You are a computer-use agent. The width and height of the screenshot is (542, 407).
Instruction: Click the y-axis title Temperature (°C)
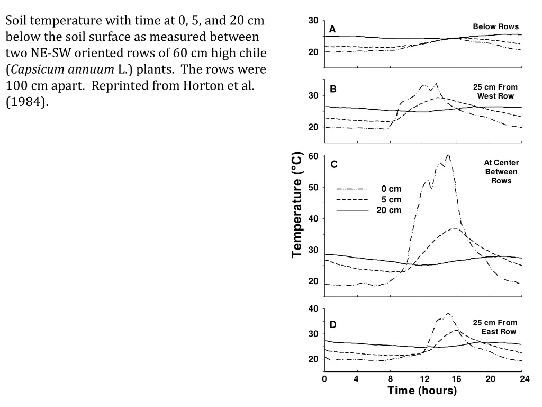point(297,205)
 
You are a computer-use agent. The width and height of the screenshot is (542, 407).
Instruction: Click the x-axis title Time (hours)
point(422,391)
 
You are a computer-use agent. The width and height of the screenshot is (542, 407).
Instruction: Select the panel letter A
point(332,30)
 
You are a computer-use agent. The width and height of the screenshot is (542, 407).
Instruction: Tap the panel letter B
point(333,89)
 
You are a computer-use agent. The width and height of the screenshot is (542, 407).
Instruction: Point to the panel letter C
point(334,165)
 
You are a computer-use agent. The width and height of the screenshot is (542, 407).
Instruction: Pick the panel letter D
point(333,324)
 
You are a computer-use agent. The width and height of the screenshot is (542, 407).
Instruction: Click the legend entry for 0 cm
point(391,189)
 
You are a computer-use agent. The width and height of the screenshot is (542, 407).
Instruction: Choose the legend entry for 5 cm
point(391,200)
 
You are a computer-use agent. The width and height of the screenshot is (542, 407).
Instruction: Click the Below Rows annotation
point(495,26)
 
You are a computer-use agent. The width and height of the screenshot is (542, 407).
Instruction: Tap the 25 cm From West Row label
point(495,91)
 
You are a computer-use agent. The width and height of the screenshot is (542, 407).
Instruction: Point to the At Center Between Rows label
point(501,172)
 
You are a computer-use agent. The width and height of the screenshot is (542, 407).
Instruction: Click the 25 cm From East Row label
point(495,327)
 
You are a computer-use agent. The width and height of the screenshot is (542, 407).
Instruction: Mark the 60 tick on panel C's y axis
point(313,156)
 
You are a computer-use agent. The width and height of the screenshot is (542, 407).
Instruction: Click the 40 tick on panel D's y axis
point(313,309)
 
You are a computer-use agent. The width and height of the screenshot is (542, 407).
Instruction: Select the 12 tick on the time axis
point(424,379)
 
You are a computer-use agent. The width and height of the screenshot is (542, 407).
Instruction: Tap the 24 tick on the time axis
point(524,379)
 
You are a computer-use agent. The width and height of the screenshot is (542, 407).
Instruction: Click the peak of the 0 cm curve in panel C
point(448,155)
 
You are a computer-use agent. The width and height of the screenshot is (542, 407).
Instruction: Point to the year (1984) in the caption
point(27,102)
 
